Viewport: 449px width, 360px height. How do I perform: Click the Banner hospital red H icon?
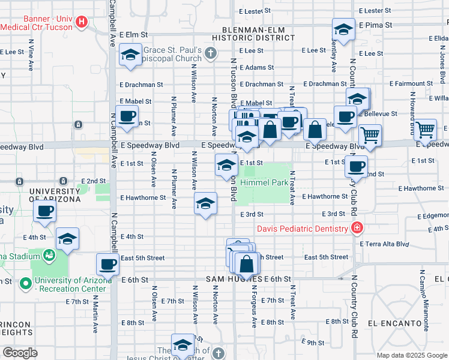83,23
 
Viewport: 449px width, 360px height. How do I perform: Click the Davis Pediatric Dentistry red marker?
357,228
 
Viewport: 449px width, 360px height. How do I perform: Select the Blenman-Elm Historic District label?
258,33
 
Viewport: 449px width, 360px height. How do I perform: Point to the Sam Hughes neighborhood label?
234,280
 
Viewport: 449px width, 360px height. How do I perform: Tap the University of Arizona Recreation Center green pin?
25,283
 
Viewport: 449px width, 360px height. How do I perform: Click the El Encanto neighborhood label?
395,323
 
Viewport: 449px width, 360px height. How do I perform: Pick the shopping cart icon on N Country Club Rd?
370,135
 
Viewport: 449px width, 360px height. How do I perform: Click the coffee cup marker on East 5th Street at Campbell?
108,264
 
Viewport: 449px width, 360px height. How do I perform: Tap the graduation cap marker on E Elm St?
130,55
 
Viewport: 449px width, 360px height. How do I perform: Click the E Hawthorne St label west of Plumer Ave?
143,197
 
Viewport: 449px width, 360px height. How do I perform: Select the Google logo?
20,353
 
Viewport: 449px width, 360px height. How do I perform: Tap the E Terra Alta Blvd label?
384,244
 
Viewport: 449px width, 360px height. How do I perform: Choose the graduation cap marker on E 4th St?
68,238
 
